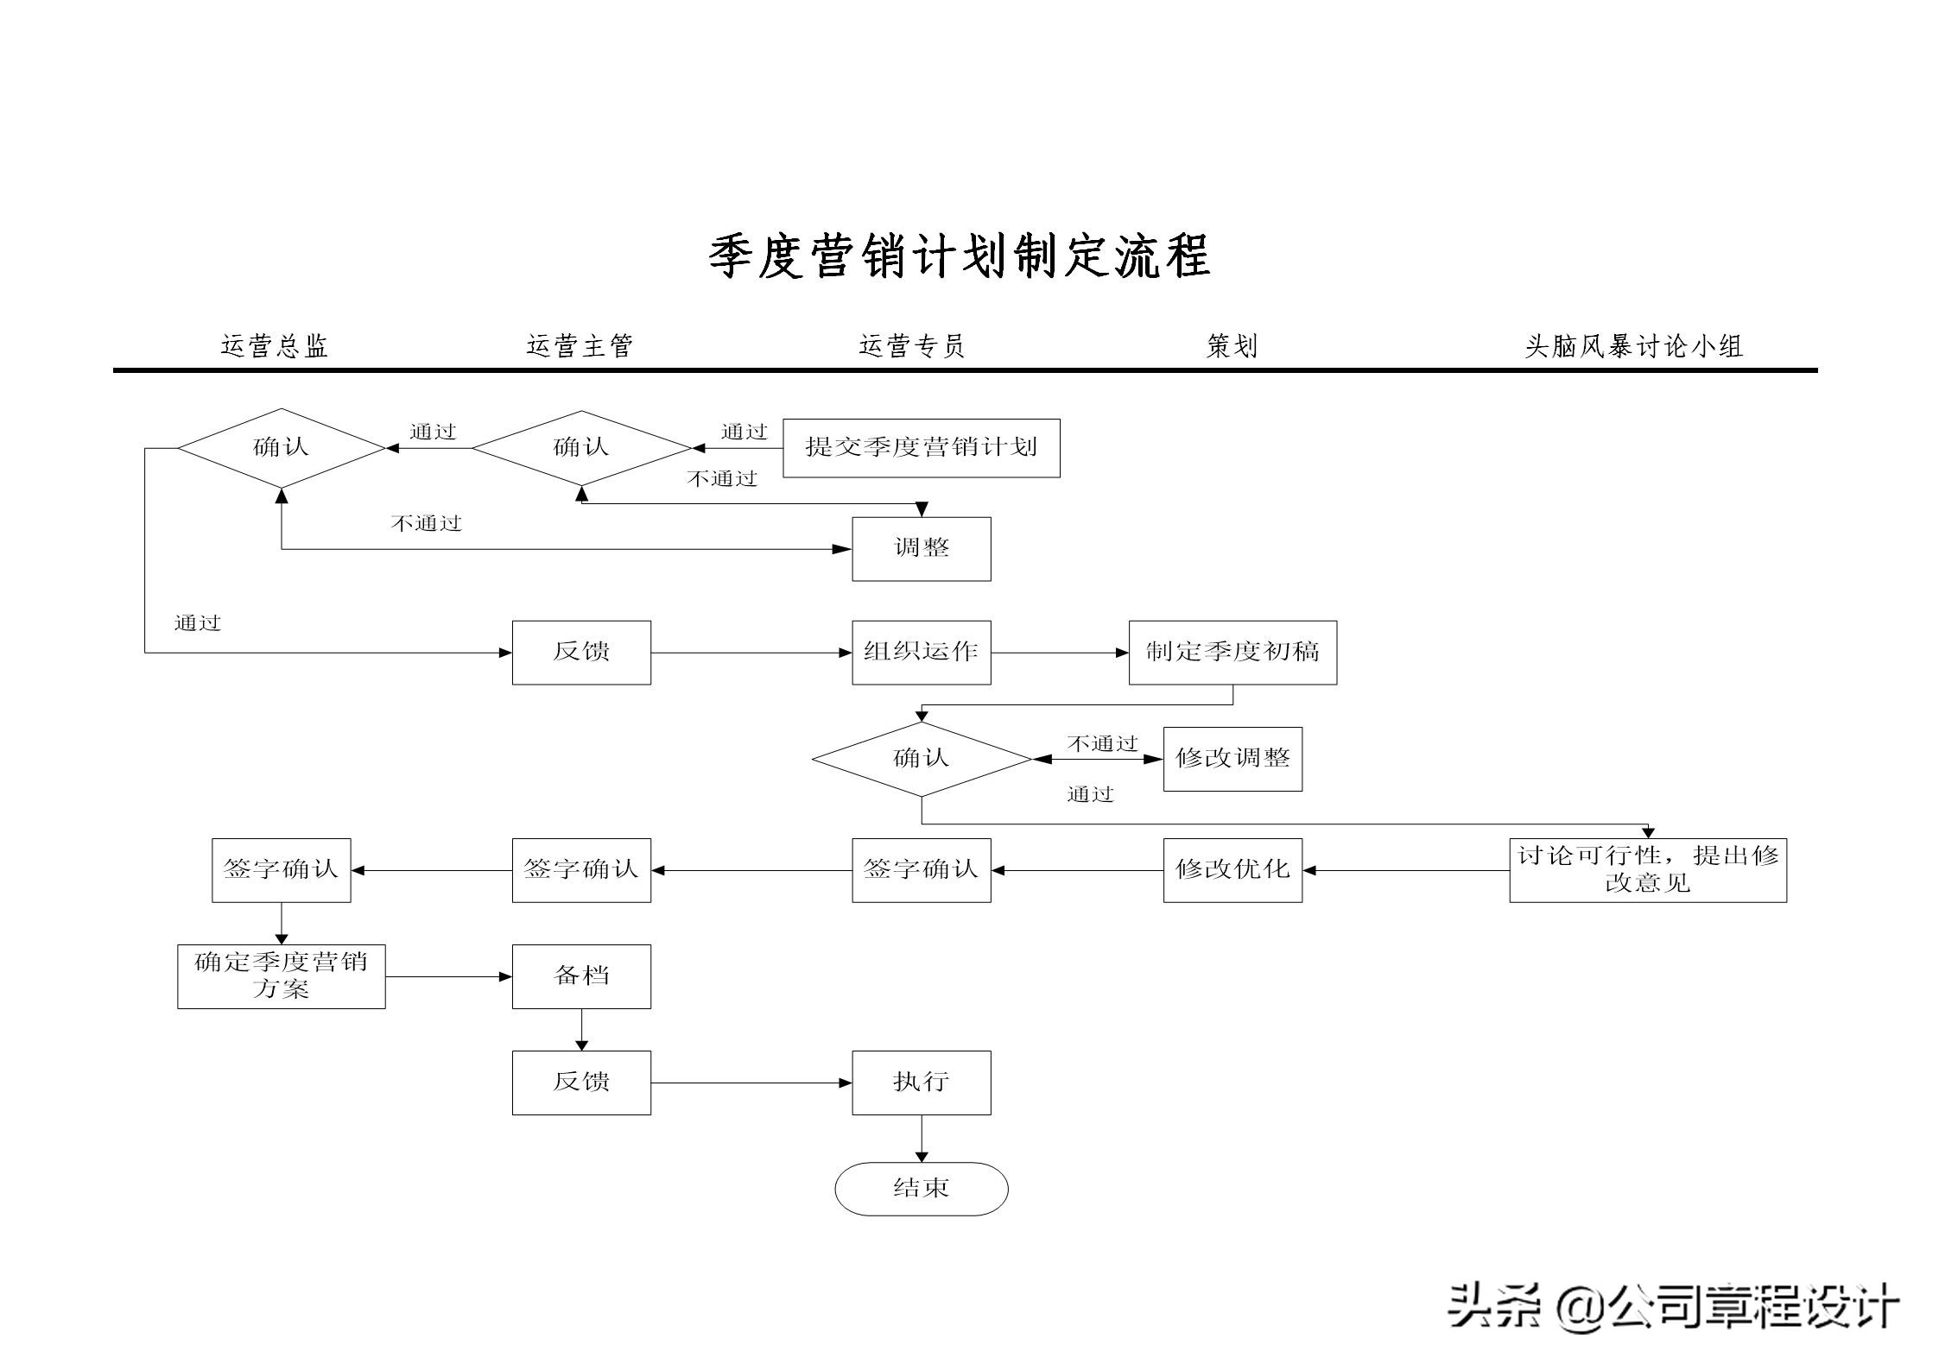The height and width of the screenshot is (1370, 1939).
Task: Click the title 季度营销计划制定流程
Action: click(x=959, y=256)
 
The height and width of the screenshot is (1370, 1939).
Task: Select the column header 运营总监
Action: click(x=275, y=346)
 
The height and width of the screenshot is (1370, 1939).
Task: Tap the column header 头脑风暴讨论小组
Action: click(x=1633, y=346)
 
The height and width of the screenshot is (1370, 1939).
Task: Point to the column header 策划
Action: click(x=1232, y=346)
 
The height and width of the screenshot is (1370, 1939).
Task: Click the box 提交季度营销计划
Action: click(x=921, y=448)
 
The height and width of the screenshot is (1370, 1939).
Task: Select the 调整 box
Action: click(x=921, y=548)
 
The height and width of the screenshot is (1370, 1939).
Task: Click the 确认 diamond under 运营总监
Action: click(x=281, y=447)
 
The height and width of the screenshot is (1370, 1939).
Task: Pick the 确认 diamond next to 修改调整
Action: click(x=921, y=759)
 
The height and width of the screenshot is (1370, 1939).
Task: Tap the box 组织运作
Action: click(x=921, y=652)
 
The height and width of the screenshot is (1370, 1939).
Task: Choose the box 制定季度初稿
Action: click(x=1232, y=652)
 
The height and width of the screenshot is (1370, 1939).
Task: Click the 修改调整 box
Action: click(x=1232, y=759)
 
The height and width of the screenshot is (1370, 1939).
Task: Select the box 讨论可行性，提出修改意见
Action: click(x=1647, y=869)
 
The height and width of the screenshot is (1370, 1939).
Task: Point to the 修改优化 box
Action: click(x=1232, y=869)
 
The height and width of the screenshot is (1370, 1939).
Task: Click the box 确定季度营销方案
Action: click(x=281, y=976)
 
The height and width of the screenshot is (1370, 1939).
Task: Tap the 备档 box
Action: click(x=580, y=976)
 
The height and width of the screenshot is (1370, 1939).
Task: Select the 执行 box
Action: click(x=921, y=1082)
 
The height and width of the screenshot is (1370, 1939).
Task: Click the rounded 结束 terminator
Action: click(x=921, y=1189)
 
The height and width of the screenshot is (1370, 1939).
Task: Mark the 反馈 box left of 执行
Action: click(x=580, y=1082)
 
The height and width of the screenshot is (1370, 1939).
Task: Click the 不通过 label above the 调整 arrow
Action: click(x=426, y=523)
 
